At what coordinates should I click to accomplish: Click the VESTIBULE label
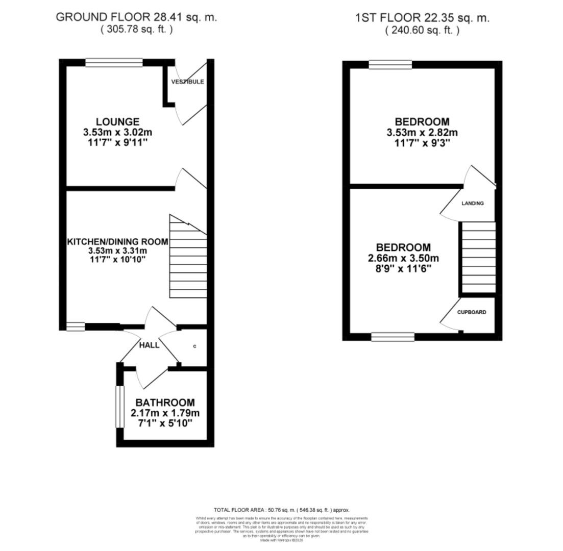(187, 82)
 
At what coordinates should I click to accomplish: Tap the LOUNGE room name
(117, 122)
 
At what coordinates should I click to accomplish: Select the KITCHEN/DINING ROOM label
(117, 241)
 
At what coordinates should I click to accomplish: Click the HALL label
(149, 345)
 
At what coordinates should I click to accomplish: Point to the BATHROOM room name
(165, 403)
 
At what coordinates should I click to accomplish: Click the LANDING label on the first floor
(472, 203)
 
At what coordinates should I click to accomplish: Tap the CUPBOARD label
(471, 312)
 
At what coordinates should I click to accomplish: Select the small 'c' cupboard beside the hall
(194, 346)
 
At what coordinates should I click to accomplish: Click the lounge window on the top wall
(114, 63)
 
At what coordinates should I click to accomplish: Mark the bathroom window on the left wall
(119, 407)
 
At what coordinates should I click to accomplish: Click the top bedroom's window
(390, 64)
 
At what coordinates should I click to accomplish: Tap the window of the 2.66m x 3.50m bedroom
(393, 337)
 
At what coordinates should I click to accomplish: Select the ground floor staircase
(188, 258)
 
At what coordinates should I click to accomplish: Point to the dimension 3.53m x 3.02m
(117, 133)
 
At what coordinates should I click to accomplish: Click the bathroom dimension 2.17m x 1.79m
(165, 413)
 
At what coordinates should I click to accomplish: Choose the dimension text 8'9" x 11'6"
(403, 268)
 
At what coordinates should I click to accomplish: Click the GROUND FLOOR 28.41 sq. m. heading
(136, 17)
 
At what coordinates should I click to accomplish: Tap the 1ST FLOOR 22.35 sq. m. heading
(422, 18)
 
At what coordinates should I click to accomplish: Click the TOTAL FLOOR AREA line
(281, 510)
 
